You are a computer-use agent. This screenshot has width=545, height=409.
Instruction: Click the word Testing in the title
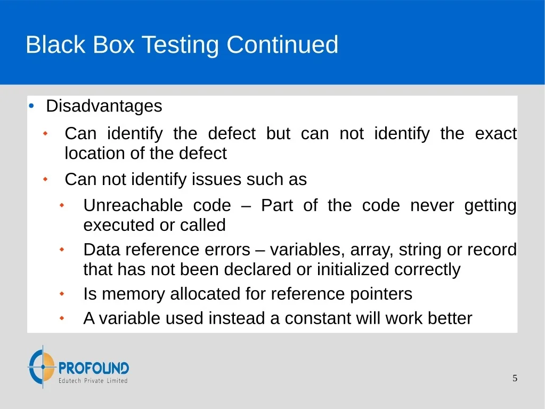pos(181,45)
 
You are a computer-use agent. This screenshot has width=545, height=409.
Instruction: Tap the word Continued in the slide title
pos(282,44)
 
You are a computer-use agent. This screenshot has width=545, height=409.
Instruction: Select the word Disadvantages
pos(104,107)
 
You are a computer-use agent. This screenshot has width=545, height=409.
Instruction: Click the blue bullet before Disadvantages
pos(31,106)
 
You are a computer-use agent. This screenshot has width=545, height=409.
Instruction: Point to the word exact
pos(496,133)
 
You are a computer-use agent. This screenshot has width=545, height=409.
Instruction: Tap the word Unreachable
pos(133,205)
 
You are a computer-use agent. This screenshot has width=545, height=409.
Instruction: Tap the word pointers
pos(381,294)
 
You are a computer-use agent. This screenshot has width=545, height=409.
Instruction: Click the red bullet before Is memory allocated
pos(62,294)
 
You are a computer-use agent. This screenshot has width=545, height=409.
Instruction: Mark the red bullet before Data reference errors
pos(62,250)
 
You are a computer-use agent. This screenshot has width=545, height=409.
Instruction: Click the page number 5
pos(515,379)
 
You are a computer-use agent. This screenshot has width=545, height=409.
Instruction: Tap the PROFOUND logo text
pos(94,368)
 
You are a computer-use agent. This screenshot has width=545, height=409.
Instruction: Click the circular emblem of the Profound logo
pos(42,366)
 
